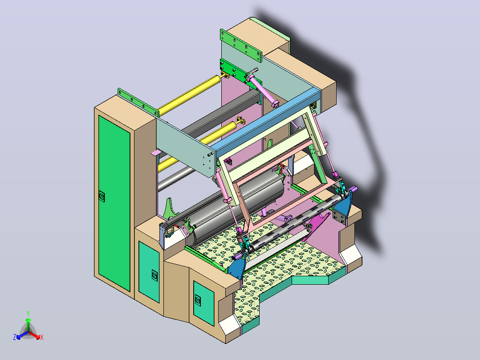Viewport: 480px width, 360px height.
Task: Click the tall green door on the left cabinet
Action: coord(114,203)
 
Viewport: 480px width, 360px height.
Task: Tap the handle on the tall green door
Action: coord(102,196)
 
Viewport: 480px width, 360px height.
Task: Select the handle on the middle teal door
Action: coord(155,275)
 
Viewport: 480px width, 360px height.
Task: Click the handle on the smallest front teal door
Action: coord(199,300)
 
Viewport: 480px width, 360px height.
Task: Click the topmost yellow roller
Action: coord(189,94)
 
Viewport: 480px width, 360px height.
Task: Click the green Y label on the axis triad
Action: coord(28,313)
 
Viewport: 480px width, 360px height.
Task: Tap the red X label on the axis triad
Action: coord(42,337)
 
